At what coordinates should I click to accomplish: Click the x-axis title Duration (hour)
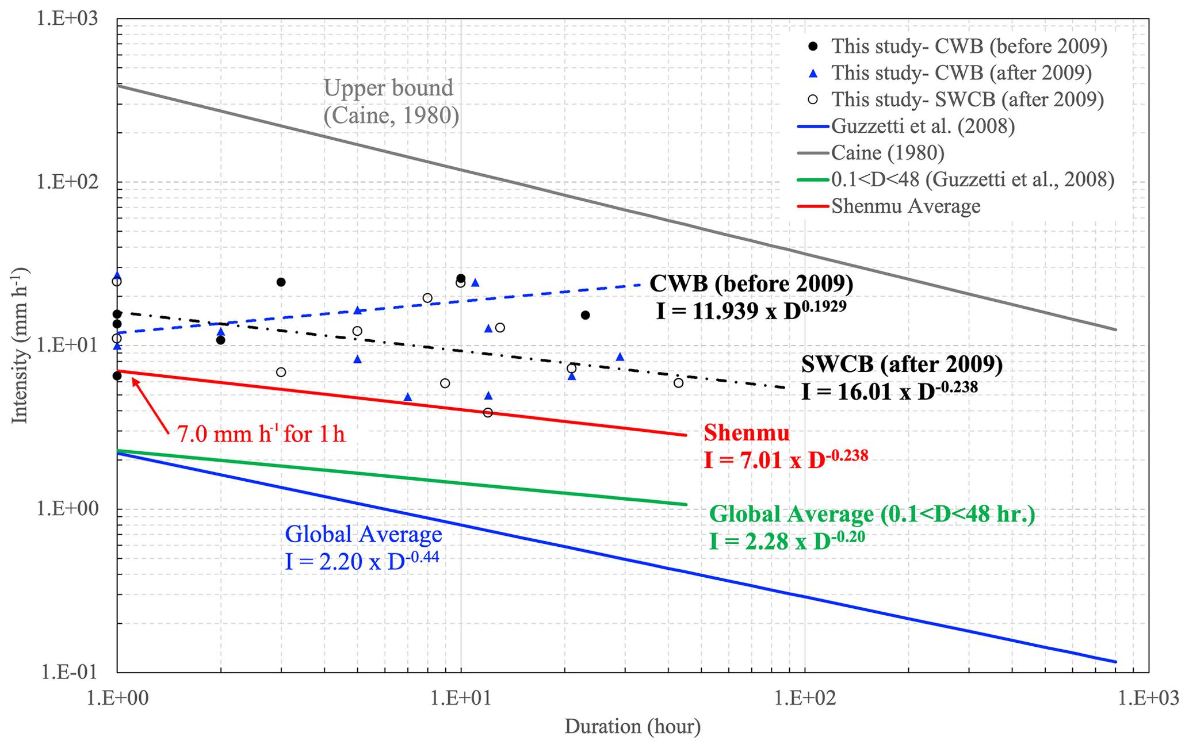click(x=632, y=727)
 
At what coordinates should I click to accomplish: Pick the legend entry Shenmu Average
click(x=905, y=206)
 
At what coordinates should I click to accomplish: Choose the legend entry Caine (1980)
click(x=888, y=152)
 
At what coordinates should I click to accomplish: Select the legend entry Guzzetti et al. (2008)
click(x=923, y=126)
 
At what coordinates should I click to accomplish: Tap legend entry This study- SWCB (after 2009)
click(x=968, y=99)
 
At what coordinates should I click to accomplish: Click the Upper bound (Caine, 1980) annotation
click(x=391, y=102)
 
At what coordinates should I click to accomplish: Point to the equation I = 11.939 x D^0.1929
click(x=751, y=311)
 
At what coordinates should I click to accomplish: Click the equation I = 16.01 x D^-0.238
click(x=889, y=391)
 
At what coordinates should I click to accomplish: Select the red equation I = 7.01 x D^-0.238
click(x=786, y=459)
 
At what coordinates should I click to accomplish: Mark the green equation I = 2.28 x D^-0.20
click(x=787, y=541)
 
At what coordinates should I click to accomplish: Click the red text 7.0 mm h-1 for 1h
click(x=261, y=434)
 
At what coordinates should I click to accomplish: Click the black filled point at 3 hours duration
click(x=281, y=282)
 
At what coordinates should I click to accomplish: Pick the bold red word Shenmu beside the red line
click(x=747, y=432)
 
